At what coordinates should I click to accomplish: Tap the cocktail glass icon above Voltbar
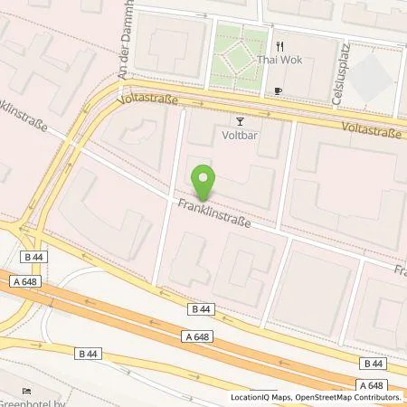[240, 120]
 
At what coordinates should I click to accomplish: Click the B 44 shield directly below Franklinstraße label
[202, 309]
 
